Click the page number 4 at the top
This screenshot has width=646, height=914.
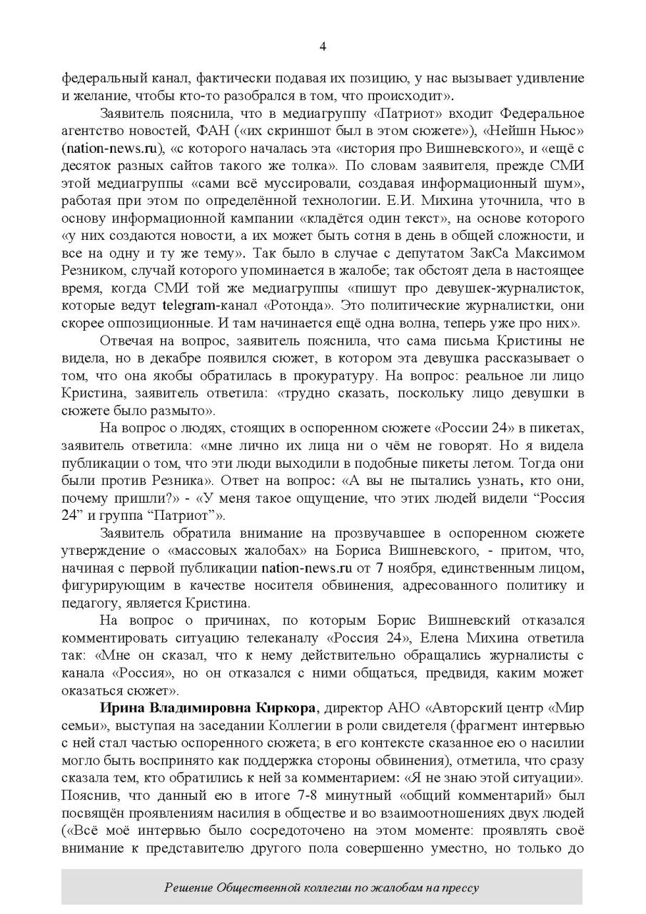point(323,47)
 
